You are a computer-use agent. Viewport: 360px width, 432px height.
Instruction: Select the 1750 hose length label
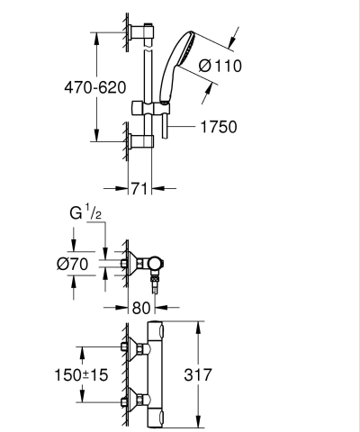coord(217,127)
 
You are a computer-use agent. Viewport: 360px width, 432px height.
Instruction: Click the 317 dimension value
coord(218,372)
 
